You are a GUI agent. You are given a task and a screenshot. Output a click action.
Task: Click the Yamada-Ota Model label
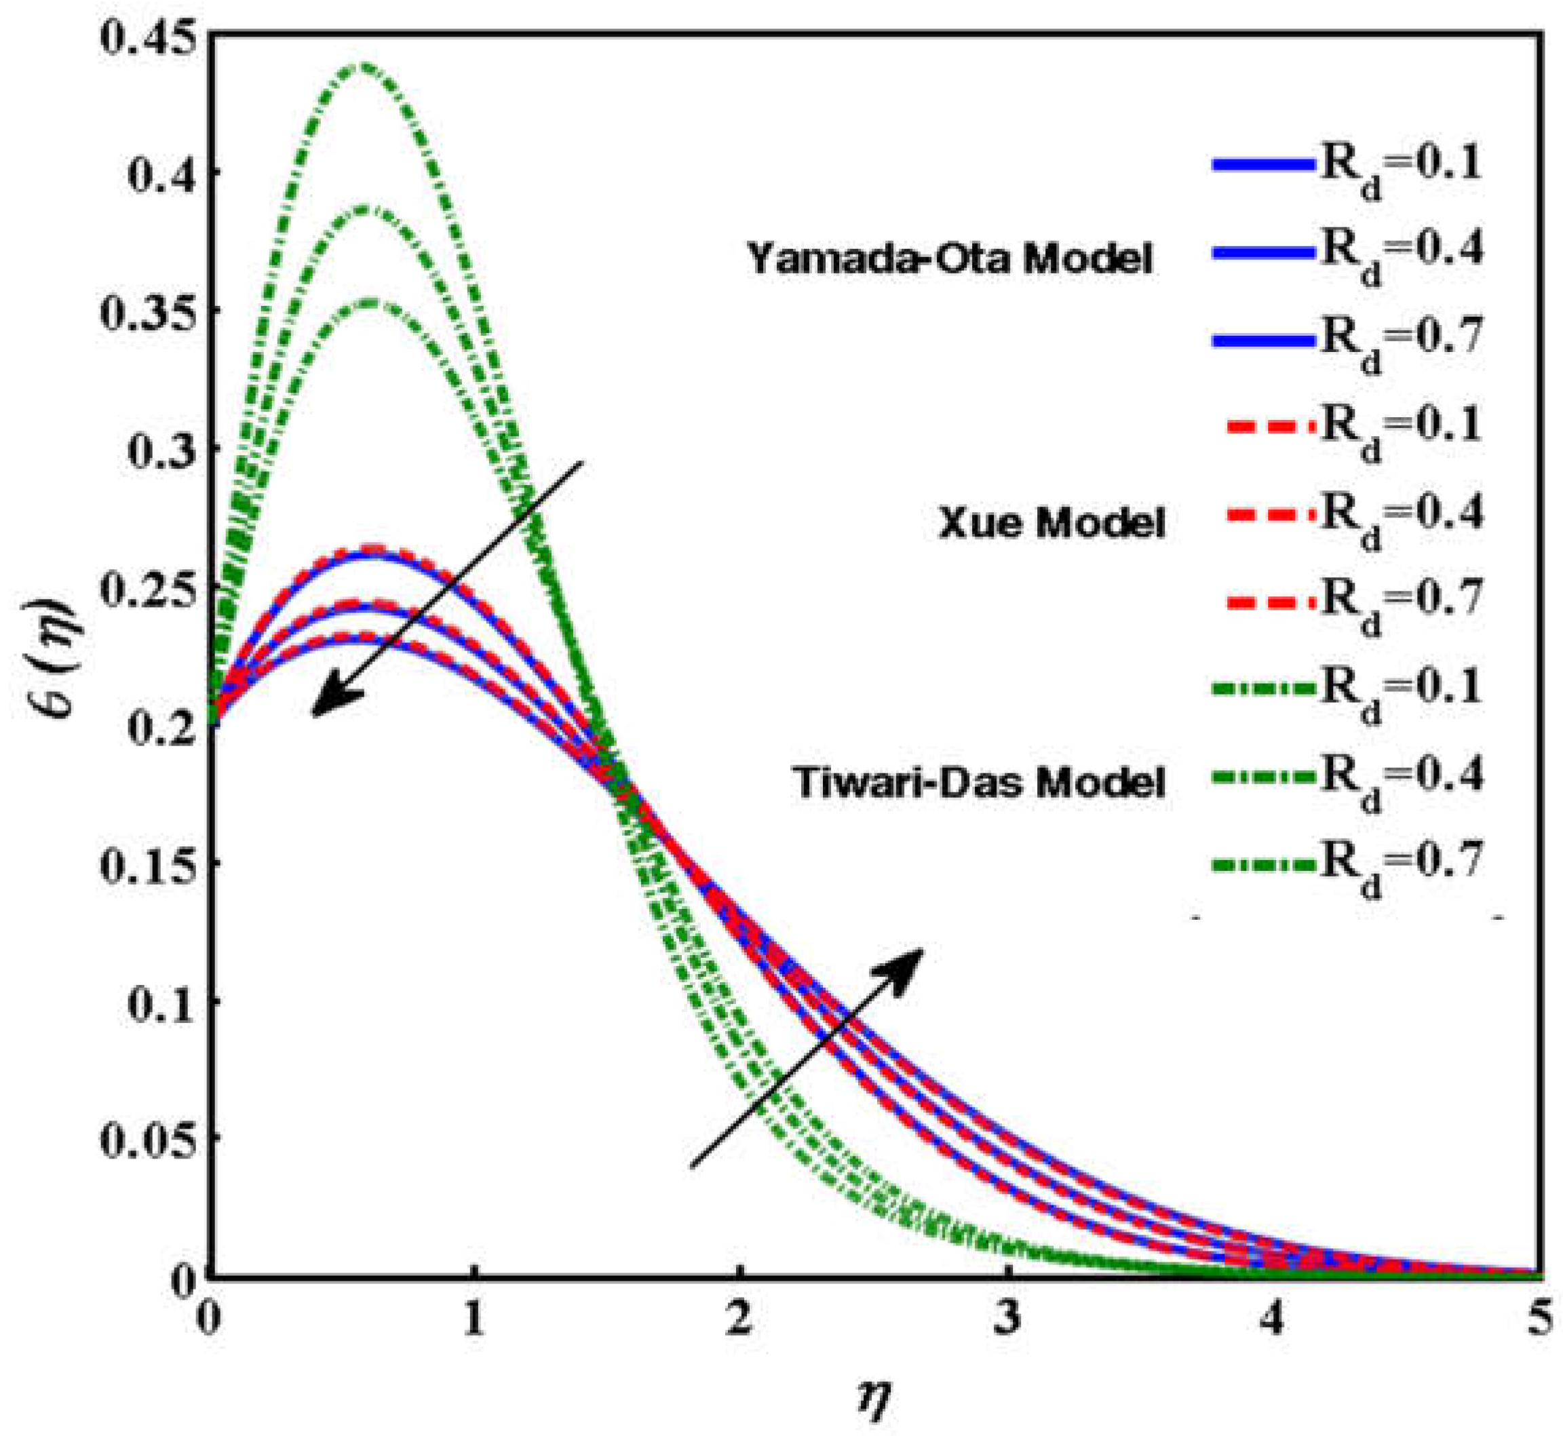950,258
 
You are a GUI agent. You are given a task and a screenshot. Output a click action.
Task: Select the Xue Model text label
1051,523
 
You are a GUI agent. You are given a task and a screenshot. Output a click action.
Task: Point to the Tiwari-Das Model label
980,783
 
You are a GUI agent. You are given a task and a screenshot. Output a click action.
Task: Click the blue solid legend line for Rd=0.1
1263,165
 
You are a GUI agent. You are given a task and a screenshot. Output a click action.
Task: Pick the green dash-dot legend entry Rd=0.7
1263,863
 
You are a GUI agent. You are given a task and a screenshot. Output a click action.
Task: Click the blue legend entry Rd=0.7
1263,340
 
